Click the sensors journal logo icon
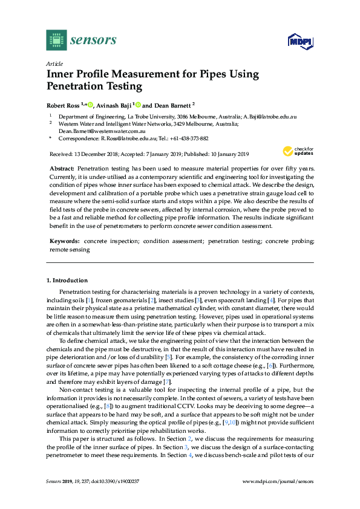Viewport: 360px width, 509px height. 56,40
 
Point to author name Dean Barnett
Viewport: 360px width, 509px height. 172,104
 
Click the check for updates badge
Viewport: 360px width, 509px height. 297,151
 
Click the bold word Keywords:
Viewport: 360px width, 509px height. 65,240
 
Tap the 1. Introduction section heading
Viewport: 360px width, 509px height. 67,280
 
